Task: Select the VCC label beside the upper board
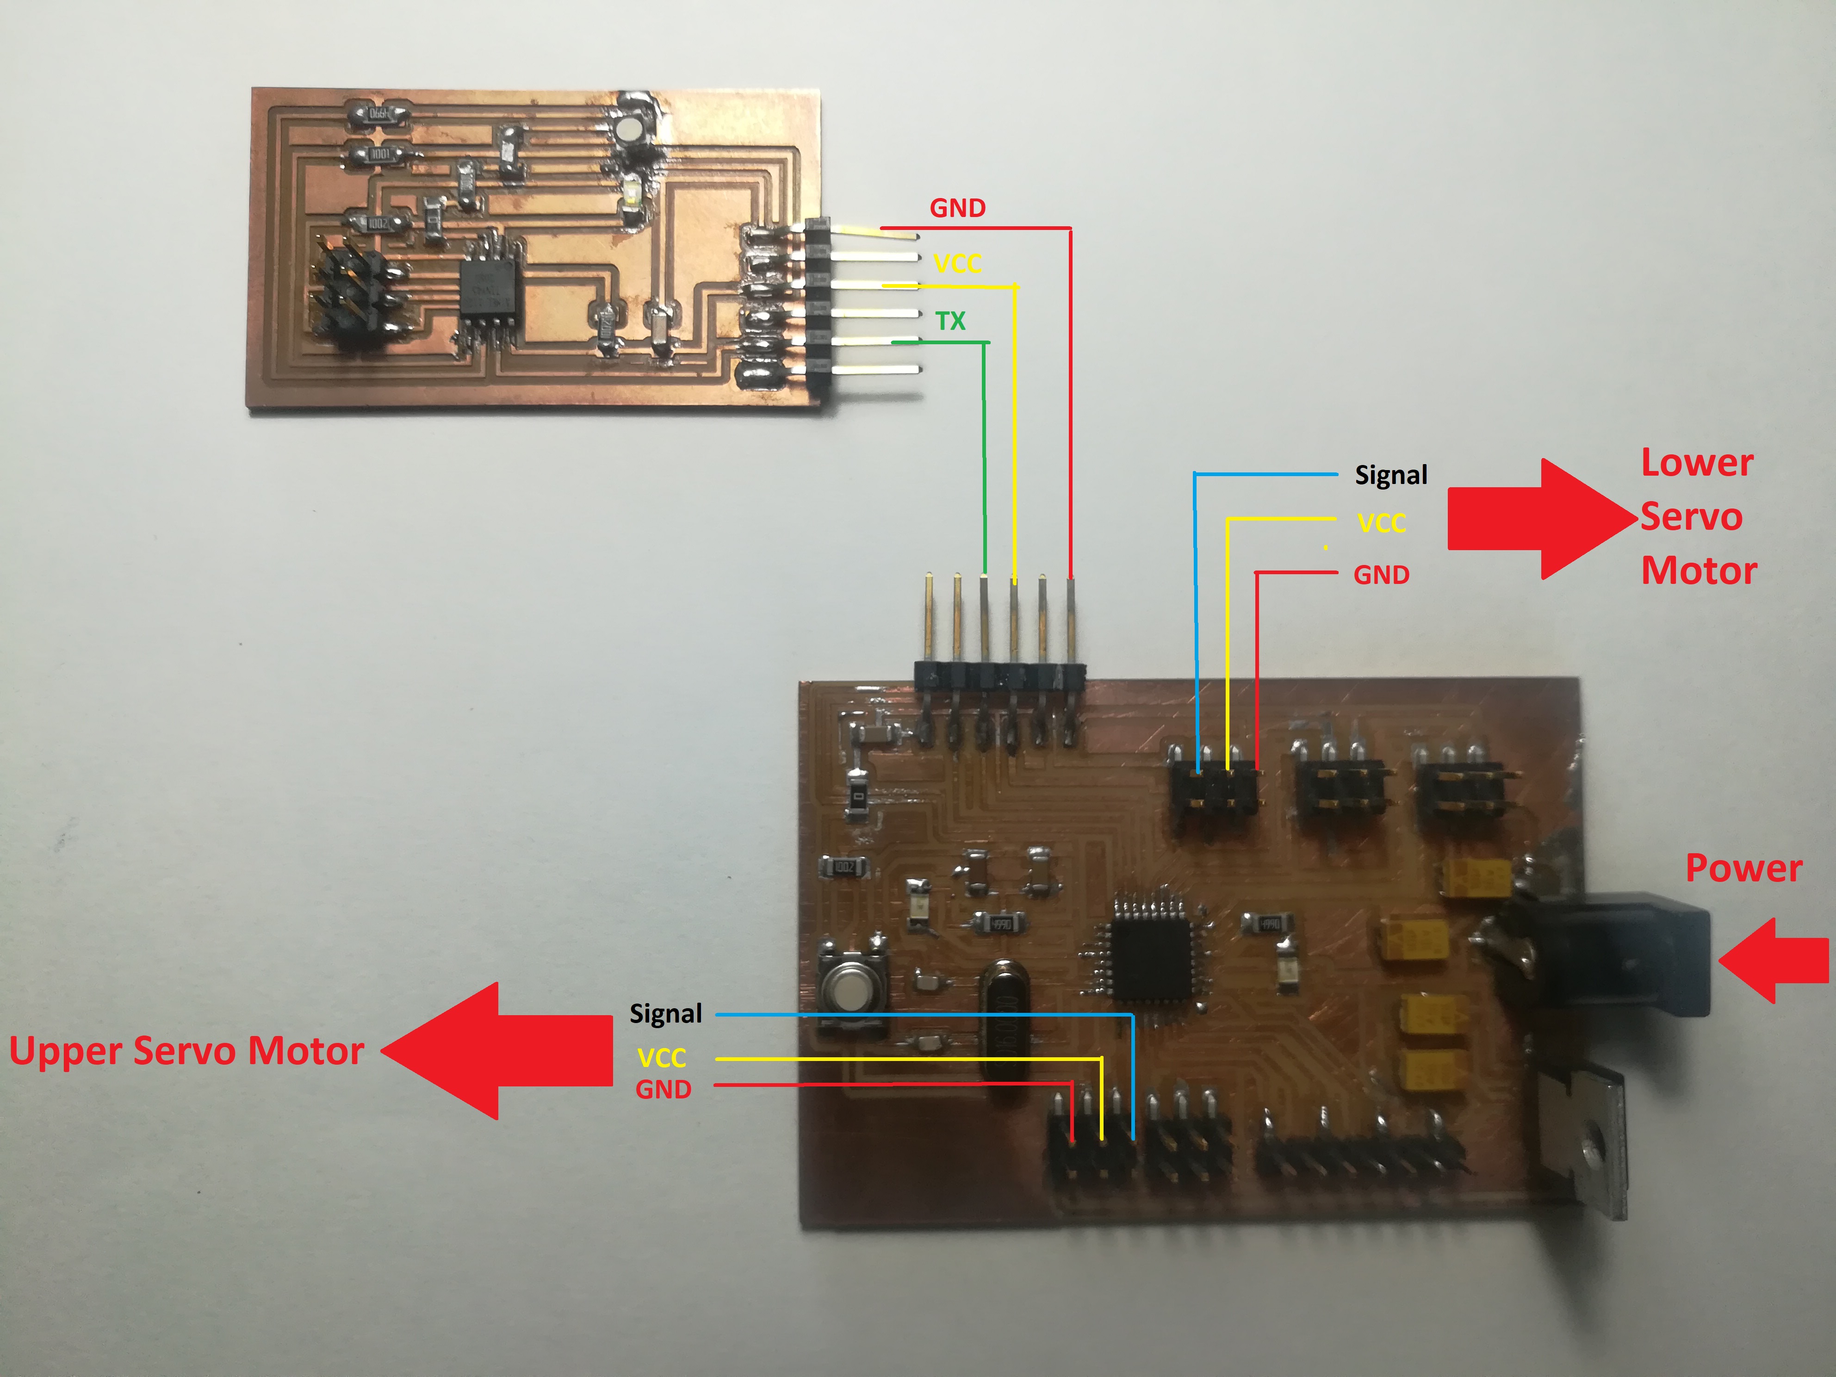[957, 264]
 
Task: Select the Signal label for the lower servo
[1391, 475]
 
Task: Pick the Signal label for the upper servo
[666, 1013]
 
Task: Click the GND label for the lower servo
[1381, 574]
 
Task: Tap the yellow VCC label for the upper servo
[662, 1057]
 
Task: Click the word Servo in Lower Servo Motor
[1691, 517]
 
